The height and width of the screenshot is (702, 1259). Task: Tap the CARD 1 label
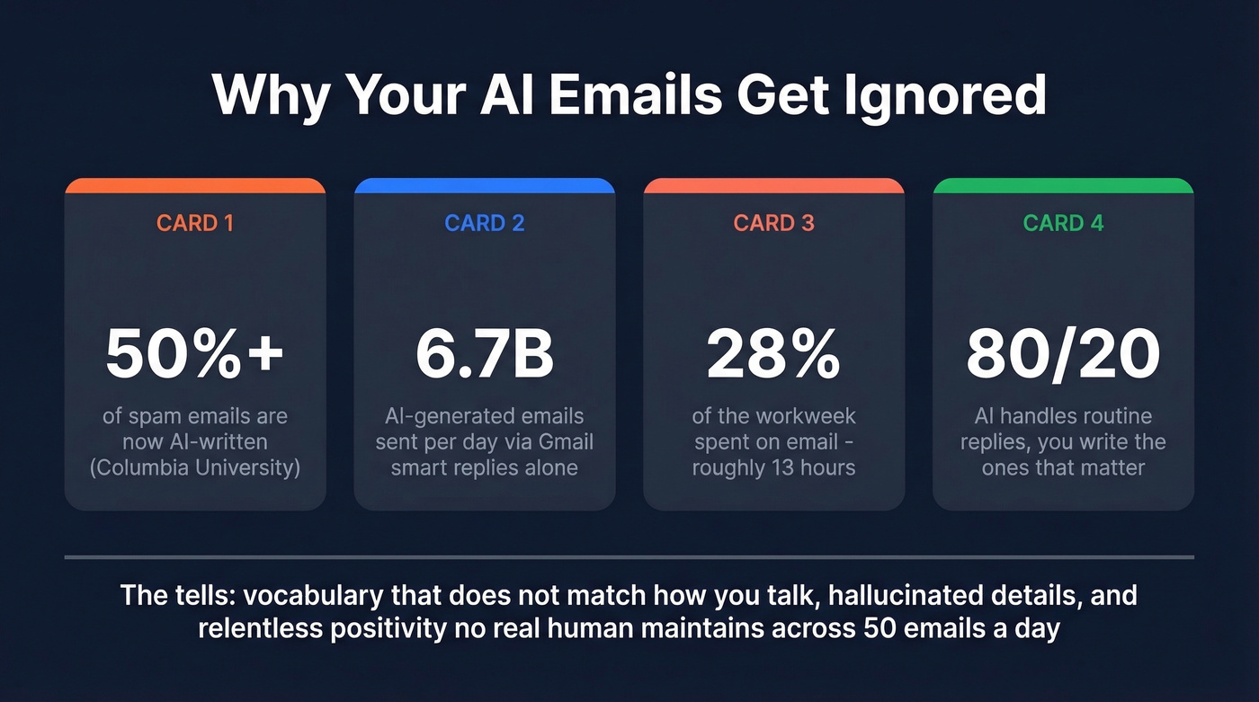[195, 223]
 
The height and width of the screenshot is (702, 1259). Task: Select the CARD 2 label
[485, 223]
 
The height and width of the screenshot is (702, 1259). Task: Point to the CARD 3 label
[774, 223]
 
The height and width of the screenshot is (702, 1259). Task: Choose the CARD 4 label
[1063, 223]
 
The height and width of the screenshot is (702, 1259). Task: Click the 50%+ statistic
[195, 354]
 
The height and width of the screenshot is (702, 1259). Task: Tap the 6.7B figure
[485, 354]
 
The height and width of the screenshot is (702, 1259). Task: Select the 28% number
[774, 354]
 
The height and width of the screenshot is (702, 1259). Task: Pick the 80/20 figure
[1063, 354]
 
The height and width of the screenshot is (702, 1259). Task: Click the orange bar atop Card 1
[195, 185]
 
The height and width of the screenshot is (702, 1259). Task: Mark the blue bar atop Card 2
[485, 185]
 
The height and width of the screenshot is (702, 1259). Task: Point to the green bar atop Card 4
[1063, 185]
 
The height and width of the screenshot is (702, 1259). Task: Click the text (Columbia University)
[195, 467]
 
